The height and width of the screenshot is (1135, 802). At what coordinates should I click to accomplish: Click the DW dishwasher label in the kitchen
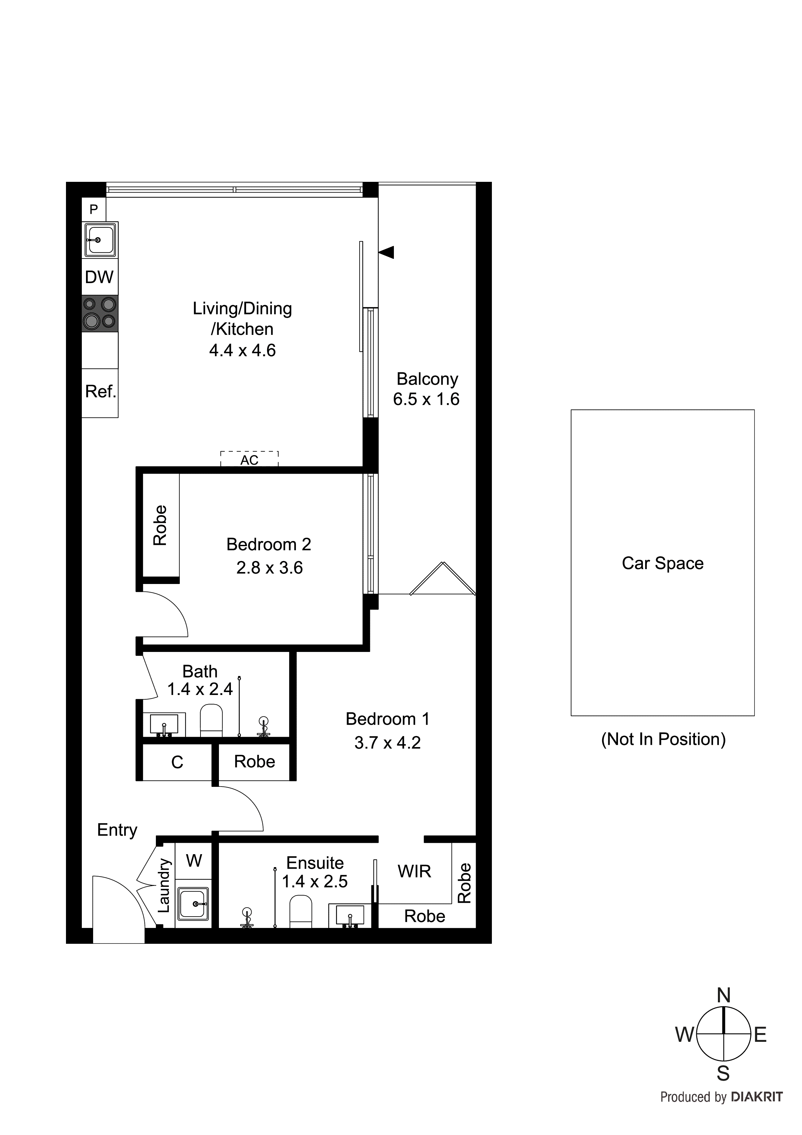click(99, 277)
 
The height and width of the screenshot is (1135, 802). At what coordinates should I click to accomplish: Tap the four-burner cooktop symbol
click(100, 314)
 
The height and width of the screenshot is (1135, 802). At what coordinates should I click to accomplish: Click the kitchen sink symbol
click(100, 240)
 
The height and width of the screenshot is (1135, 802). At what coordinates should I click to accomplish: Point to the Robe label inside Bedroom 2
click(160, 525)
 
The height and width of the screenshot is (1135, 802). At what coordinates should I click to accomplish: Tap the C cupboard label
click(177, 762)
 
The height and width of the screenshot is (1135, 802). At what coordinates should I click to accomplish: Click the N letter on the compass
click(723, 995)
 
